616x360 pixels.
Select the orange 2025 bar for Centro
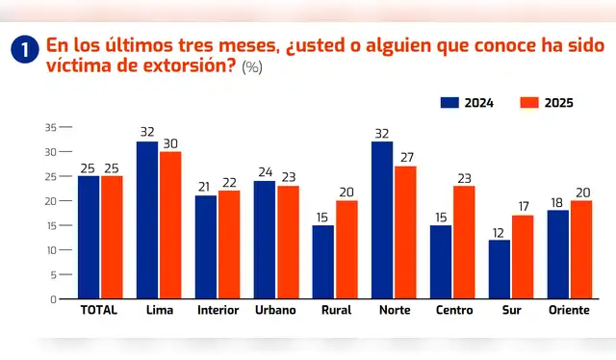point(464,242)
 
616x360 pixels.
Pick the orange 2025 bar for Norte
point(405,232)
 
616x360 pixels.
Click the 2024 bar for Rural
point(323,262)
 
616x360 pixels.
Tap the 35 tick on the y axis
point(50,127)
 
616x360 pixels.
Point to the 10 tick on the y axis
point(50,250)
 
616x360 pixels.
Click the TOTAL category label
point(100,312)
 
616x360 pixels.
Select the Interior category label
point(218,312)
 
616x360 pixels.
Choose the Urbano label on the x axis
point(275,312)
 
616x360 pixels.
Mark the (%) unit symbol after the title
point(251,67)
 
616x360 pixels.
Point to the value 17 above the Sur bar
point(524,206)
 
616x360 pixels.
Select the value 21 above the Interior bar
point(205,187)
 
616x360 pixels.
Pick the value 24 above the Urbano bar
point(264,172)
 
